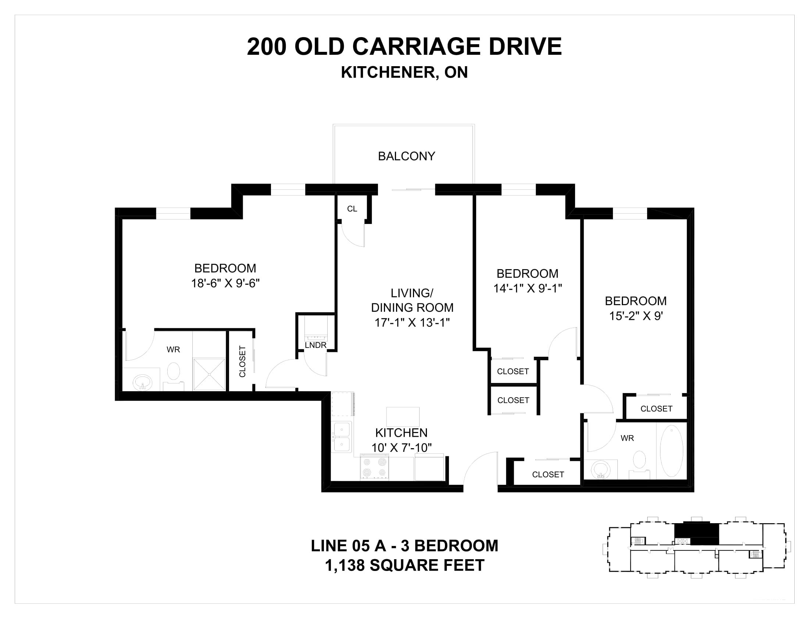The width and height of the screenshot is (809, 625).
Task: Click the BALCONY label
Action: coord(406,156)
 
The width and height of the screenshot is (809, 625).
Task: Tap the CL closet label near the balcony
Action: coord(352,209)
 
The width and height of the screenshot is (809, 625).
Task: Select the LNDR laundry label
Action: coord(316,346)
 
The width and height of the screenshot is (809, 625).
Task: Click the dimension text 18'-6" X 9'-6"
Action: coord(225,283)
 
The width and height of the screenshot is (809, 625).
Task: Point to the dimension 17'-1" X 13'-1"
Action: coord(412,322)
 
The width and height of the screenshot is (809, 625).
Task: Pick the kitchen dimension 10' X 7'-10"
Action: coord(402,448)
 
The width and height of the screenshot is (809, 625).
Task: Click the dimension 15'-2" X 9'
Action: coord(636,316)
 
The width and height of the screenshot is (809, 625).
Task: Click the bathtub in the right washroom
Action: coord(671,451)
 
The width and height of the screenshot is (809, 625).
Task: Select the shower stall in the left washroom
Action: coord(209,374)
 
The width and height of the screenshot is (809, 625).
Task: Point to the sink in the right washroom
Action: coord(600,469)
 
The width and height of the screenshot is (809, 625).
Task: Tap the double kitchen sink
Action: coord(342,437)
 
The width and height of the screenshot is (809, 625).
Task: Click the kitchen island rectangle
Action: coord(403,417)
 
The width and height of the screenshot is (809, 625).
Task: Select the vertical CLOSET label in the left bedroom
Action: coord(243,361)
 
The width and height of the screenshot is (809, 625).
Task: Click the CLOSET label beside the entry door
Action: coord(548,474)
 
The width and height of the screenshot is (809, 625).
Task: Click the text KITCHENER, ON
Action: coord(404,72)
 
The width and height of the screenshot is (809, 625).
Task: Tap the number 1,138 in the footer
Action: coord(345,565)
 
